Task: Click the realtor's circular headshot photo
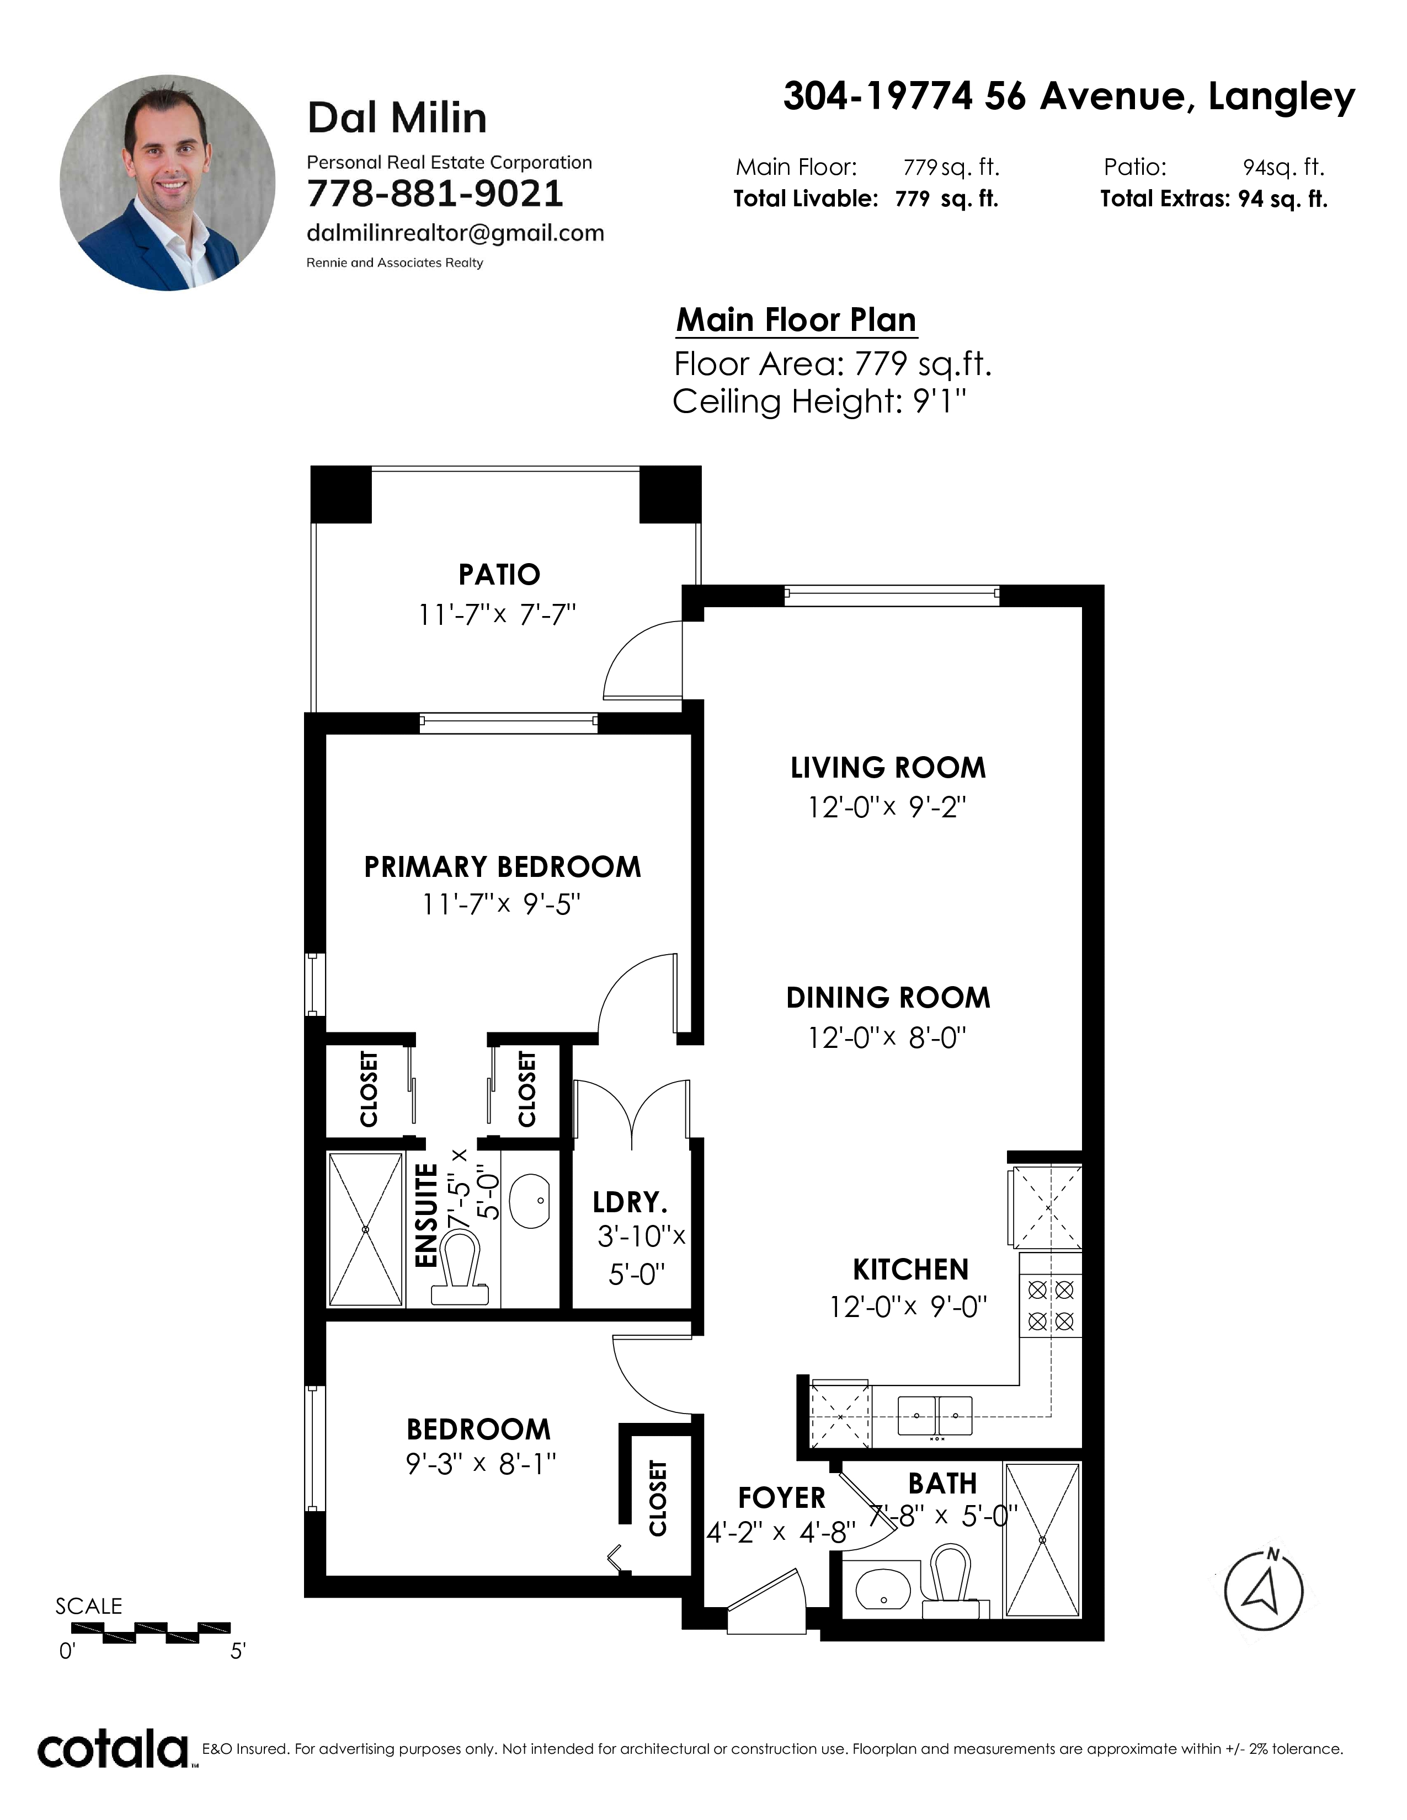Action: click(x=168, y=183)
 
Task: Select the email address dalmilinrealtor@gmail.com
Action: click(x=455, y=233)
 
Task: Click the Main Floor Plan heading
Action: click(x=796, y=320)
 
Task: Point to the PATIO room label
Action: click(x=499, y=574)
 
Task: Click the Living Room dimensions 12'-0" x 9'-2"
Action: click(x=887, y=807)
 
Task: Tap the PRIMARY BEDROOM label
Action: click(x=503, y=866)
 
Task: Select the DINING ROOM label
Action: click(x=888, y=998)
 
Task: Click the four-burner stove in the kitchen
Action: click(x=1050, y=1305)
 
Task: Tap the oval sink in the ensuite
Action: click(x=529, y=1201)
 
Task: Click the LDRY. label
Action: click(x=630, y=1202)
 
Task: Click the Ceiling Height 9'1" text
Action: click(x=819, y=402)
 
